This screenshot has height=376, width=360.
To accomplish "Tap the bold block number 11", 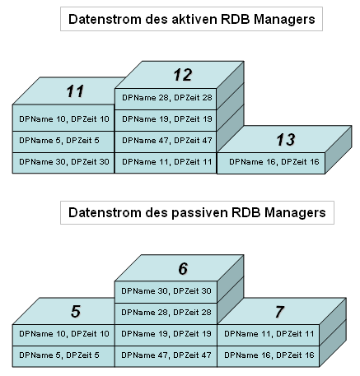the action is click(75, 91).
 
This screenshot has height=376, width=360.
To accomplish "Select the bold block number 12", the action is click(183, 75).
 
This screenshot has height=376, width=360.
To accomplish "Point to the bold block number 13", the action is click(286, 140).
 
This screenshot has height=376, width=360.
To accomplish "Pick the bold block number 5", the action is click(76, 311).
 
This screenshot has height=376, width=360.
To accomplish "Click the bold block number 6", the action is click(183, 268).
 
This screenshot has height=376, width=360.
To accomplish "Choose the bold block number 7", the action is click(279, 312).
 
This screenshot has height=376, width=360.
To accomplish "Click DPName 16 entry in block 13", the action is click(274, 162).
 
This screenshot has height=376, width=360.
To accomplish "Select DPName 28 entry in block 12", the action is click(167, 98).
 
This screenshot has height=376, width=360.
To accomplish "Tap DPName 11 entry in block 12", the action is click(167, 162).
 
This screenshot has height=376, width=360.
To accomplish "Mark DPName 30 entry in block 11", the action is click(64, 162).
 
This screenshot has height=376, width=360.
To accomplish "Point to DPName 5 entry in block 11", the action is click(59, 141).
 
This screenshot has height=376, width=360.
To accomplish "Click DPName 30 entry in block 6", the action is click(166, 291).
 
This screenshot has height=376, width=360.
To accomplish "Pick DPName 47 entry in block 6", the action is click(166, 355).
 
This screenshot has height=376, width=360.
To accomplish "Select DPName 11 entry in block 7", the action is click(269, 334).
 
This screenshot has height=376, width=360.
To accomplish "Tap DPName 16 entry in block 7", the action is click(269, 355).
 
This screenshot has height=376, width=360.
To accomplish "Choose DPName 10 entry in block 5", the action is click(64, 334).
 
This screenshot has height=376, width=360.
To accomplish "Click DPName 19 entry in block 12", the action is click(167, 119).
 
